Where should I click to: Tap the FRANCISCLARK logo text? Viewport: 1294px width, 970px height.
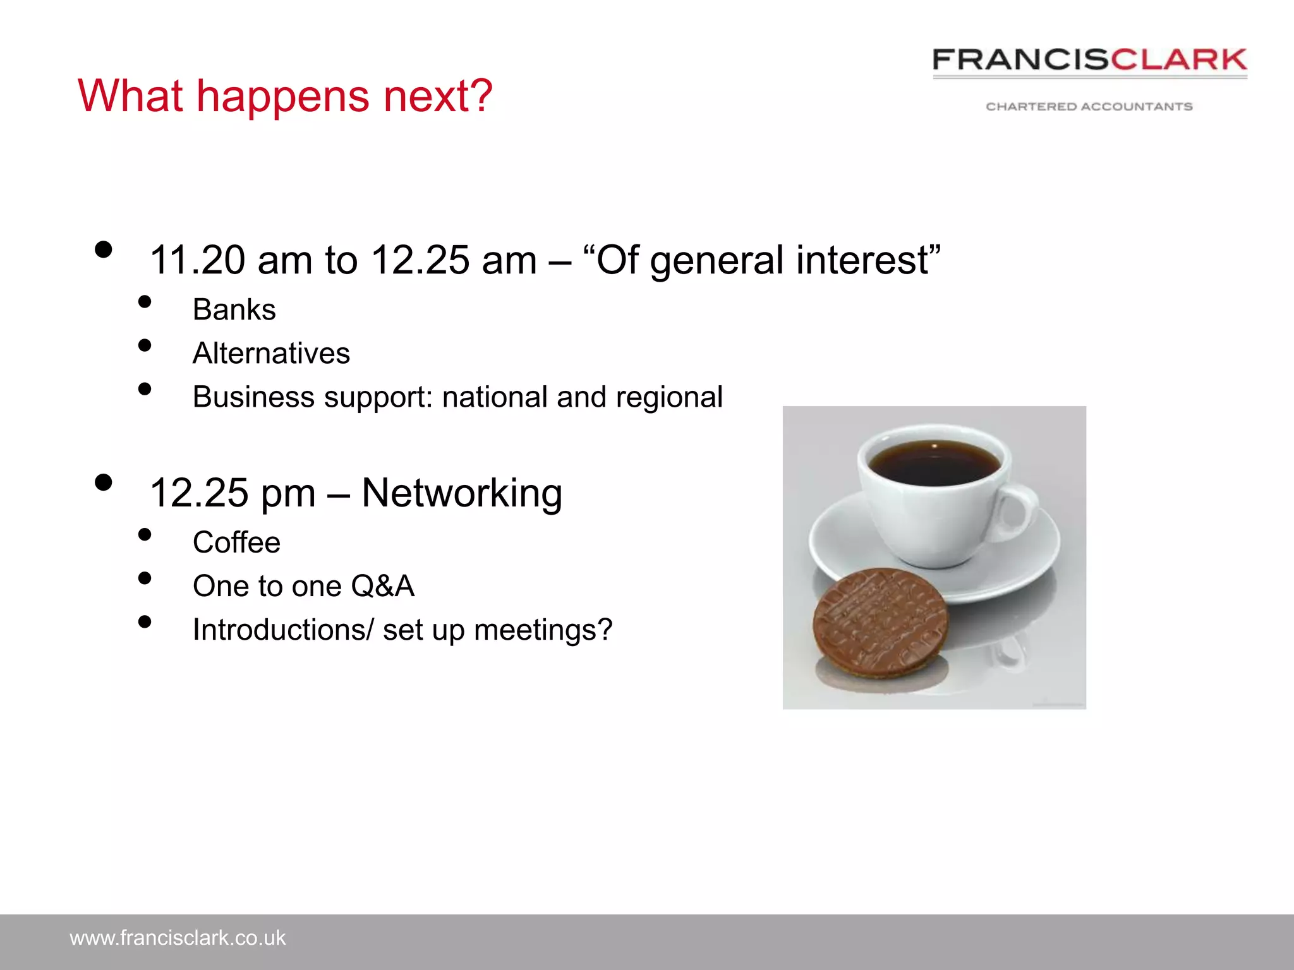(x=1089, y=60)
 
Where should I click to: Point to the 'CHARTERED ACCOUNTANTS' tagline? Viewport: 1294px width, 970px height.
(x=1089, y=107)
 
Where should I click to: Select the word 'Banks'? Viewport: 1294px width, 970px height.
(x=234, y=310)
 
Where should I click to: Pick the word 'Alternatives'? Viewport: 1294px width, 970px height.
(x=271, y=354)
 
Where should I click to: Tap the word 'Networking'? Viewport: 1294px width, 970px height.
(x=461, y=493)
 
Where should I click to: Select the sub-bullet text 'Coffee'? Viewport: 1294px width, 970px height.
(x=236, y=542)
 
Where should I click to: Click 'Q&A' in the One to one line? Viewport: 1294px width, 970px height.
(x=382, y=586)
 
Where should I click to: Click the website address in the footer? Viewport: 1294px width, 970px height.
(x=178, y=938)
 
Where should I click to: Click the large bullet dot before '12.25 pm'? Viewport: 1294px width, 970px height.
(x=103, y=483)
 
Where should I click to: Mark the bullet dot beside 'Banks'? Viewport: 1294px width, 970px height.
(x=145, y=302)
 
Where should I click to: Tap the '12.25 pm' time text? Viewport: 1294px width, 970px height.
(x=232, y=493)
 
